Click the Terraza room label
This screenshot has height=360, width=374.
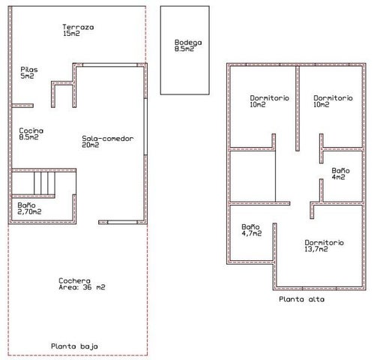point(78,27)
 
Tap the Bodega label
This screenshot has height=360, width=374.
point(188,43)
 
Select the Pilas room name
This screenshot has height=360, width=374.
point(29,70)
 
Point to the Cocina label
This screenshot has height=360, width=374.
point(31,130)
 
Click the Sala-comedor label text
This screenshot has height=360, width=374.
point(108,139)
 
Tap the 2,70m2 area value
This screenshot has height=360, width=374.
point(29,211)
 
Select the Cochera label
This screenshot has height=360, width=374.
point(74,280)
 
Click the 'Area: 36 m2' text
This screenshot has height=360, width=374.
point(82,287)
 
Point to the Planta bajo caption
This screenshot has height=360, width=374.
point(74,346)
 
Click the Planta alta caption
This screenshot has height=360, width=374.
point(302,299)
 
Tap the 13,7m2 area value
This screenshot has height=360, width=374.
point(316,249)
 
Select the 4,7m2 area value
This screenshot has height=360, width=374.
point(252,233)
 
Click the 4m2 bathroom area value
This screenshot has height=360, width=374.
point(339,177)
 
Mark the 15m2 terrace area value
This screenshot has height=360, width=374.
point(71,34)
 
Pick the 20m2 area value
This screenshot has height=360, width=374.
point(91,145)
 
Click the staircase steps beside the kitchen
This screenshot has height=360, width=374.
point(44,183)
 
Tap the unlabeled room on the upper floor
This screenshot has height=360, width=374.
point(253,176)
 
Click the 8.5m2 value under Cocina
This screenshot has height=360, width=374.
point(28,137)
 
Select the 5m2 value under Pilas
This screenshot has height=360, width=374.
point(27,76)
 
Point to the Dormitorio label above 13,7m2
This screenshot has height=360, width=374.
point(324,242)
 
